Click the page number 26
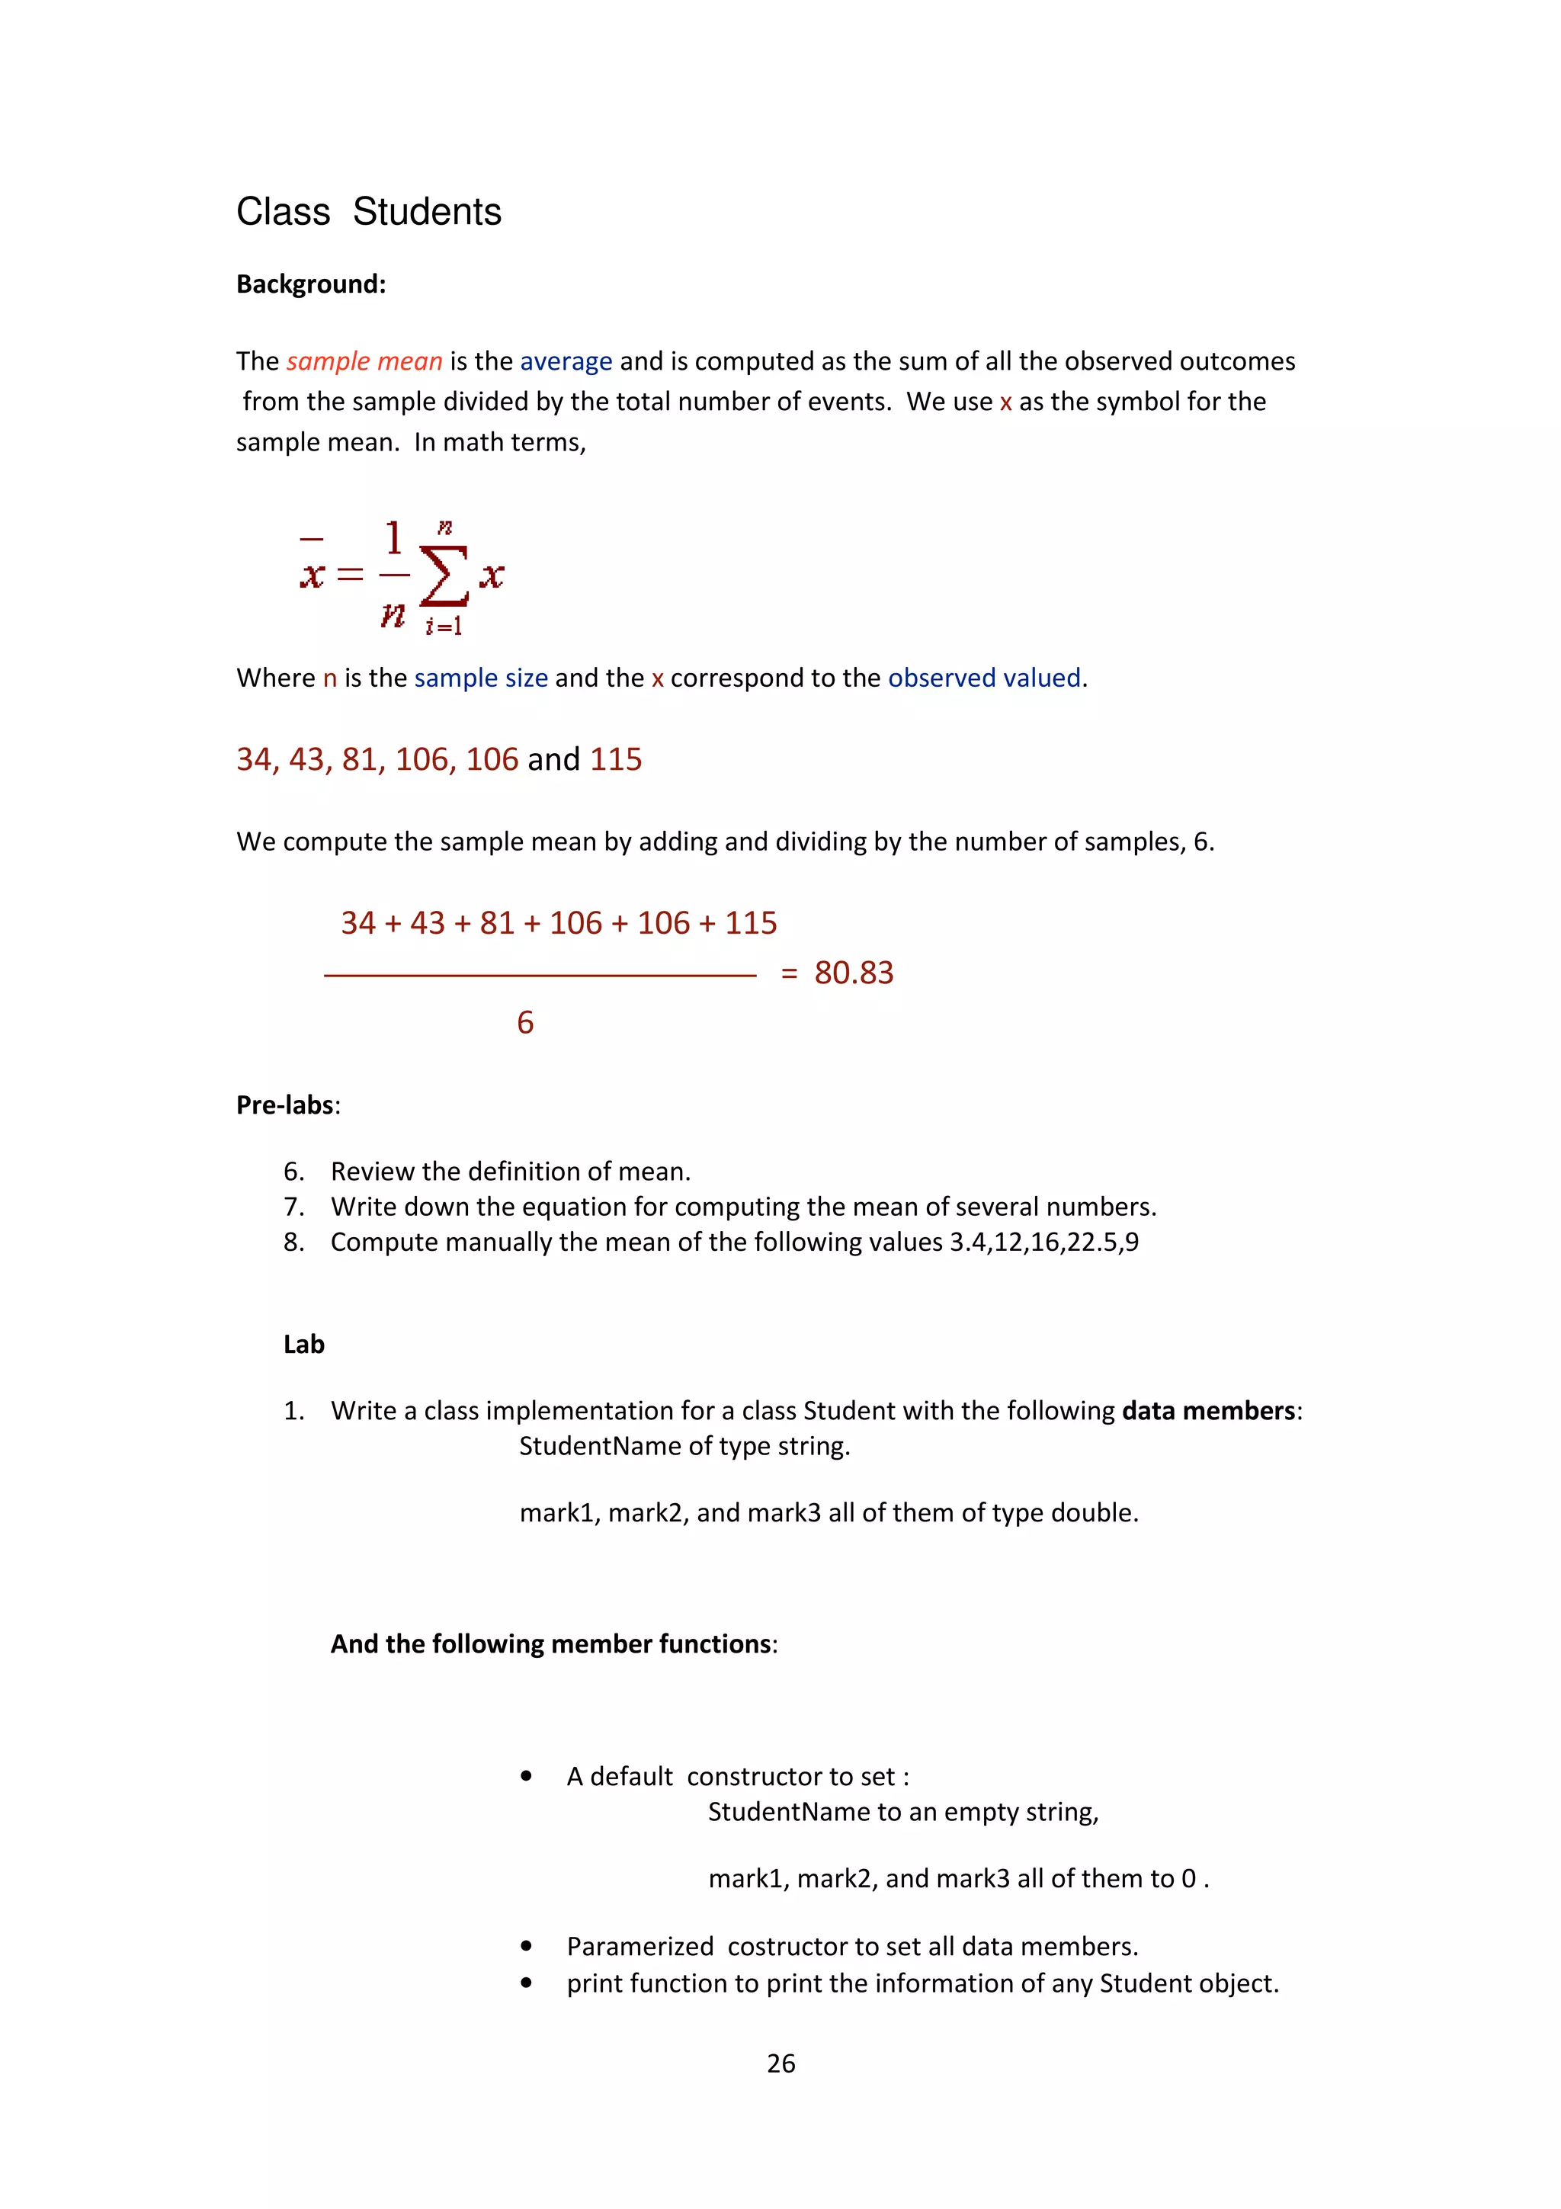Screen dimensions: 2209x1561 click(x=780, y=2063)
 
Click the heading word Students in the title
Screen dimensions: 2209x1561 click(x=426, y=212)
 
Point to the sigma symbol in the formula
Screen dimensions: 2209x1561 click(x=444, y=576)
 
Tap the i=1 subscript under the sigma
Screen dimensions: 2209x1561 click(x=444, y=627)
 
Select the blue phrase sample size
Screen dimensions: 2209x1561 click(x=481, y=678)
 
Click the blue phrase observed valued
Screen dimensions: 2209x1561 click(x=984, y=678)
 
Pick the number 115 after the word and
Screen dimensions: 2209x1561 click(x=616, y=759)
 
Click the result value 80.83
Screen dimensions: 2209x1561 click(x=853, y=973)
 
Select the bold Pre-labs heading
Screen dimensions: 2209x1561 click(x=286, y=1104)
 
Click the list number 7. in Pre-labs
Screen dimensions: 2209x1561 click(x=293, y=1207)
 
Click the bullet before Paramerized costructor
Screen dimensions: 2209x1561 click(x=526, y=1946)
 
